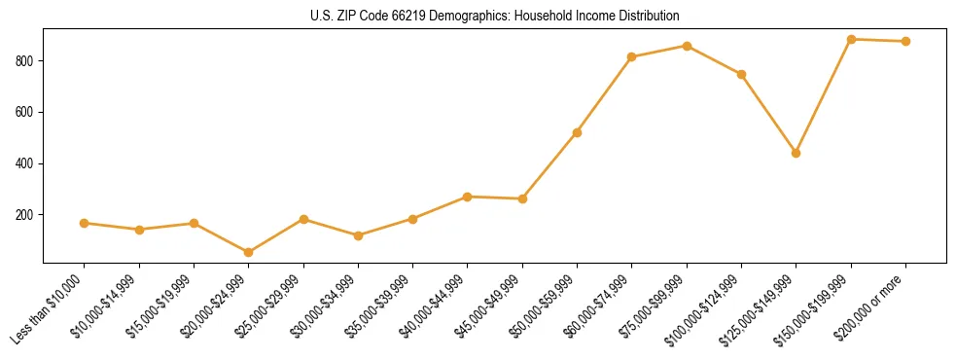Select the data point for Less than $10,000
pyautogui.click(x=85, y=223)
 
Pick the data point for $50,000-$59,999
pyautogui.click(x=578, y=132)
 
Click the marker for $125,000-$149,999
pyautogui.click(x=797, y=153)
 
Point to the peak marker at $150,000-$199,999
pyautogui.click(x=851, y=39)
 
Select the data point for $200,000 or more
pyautogui.click(x=905, y=41)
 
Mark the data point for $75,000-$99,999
pyautogui.click(x=687, y=46)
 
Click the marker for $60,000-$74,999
pyautogui.click(x=632, y=56)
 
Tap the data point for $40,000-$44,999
pyautogui.click(x=468, y=197)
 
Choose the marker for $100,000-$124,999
pyautogui.click(x=741, y=74)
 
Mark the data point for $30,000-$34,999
pyautogui.click(x=358, y=235)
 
